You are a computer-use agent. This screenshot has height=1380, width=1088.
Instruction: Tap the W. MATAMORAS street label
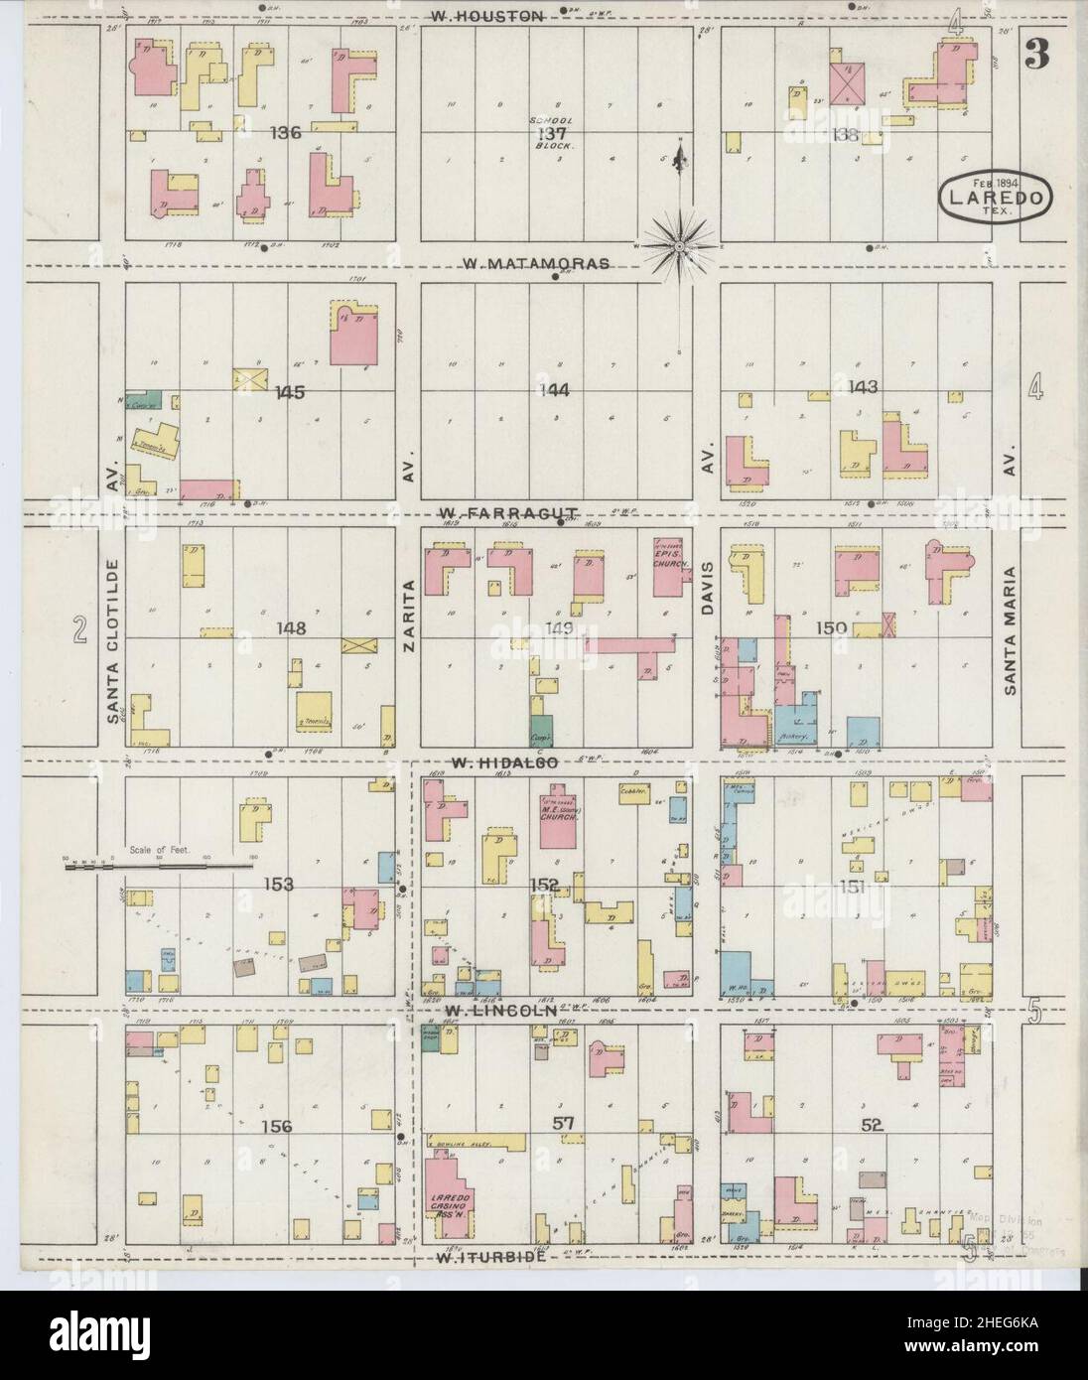[x=522, y=264]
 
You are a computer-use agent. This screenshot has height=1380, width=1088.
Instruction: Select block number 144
[x=553, y=390]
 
